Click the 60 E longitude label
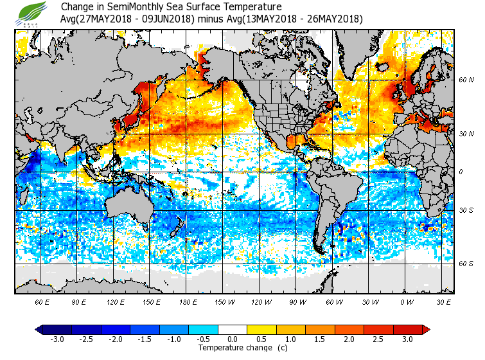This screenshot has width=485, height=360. point(42,301)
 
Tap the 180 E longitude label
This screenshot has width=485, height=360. point(188,301)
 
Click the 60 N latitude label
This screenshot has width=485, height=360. point(466,80)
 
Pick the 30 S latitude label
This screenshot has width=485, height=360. point(466,211)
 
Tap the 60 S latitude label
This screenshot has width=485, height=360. point(466,264)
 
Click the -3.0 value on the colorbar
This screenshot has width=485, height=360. point(57,339)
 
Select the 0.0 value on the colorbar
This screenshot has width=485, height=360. point(233,339)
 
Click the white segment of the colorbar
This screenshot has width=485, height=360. point(233,329)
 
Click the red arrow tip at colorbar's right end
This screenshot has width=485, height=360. point(425,329)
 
